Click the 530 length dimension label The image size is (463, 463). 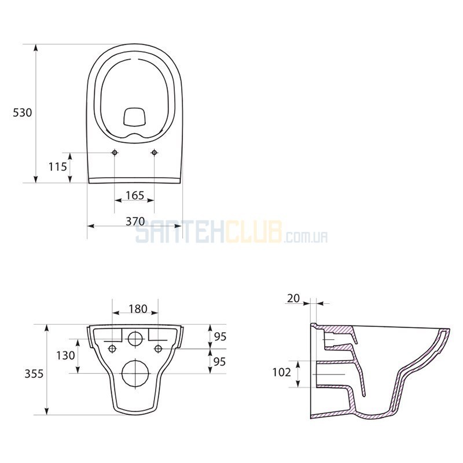click(x=22, y=112)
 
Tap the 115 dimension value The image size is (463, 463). click(x=57, y=167)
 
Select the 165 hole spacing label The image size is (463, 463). click(x=135, y=195)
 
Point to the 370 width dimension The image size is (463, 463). click(x=135, y=221)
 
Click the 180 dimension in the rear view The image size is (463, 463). click(x=138, y=309)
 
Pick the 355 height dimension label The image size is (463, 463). click(x=34, y=374)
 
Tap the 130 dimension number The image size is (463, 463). click(x=65, y=355)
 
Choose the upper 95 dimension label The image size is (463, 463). click(x=220, y=337)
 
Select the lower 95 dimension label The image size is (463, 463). click(x=220, y=361)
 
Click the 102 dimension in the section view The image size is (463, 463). click(x=282, y=372)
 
